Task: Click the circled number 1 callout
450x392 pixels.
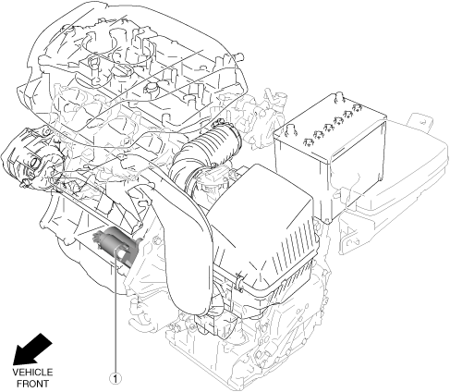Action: coord(116,378)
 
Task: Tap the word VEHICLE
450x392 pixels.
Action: coord(32,373)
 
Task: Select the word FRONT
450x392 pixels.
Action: coord(32,384)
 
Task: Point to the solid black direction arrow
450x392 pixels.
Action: coord(32,349)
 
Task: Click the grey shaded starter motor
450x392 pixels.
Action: coord(116,246)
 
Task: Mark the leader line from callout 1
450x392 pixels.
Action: coord(116,311)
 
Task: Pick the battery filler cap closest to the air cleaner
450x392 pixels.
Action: coord(307,141)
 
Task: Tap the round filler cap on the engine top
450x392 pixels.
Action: coord(151,88)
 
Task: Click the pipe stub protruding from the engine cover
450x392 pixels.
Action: coord(239,56)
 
